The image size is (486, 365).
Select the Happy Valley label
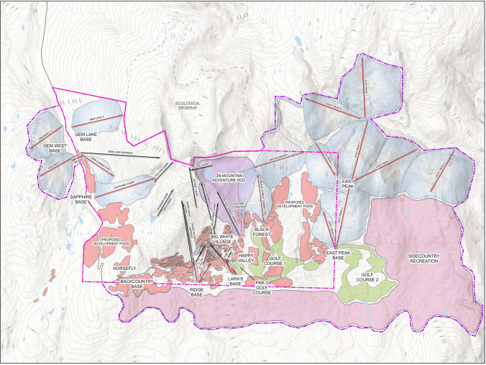click(x=242, y=258)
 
